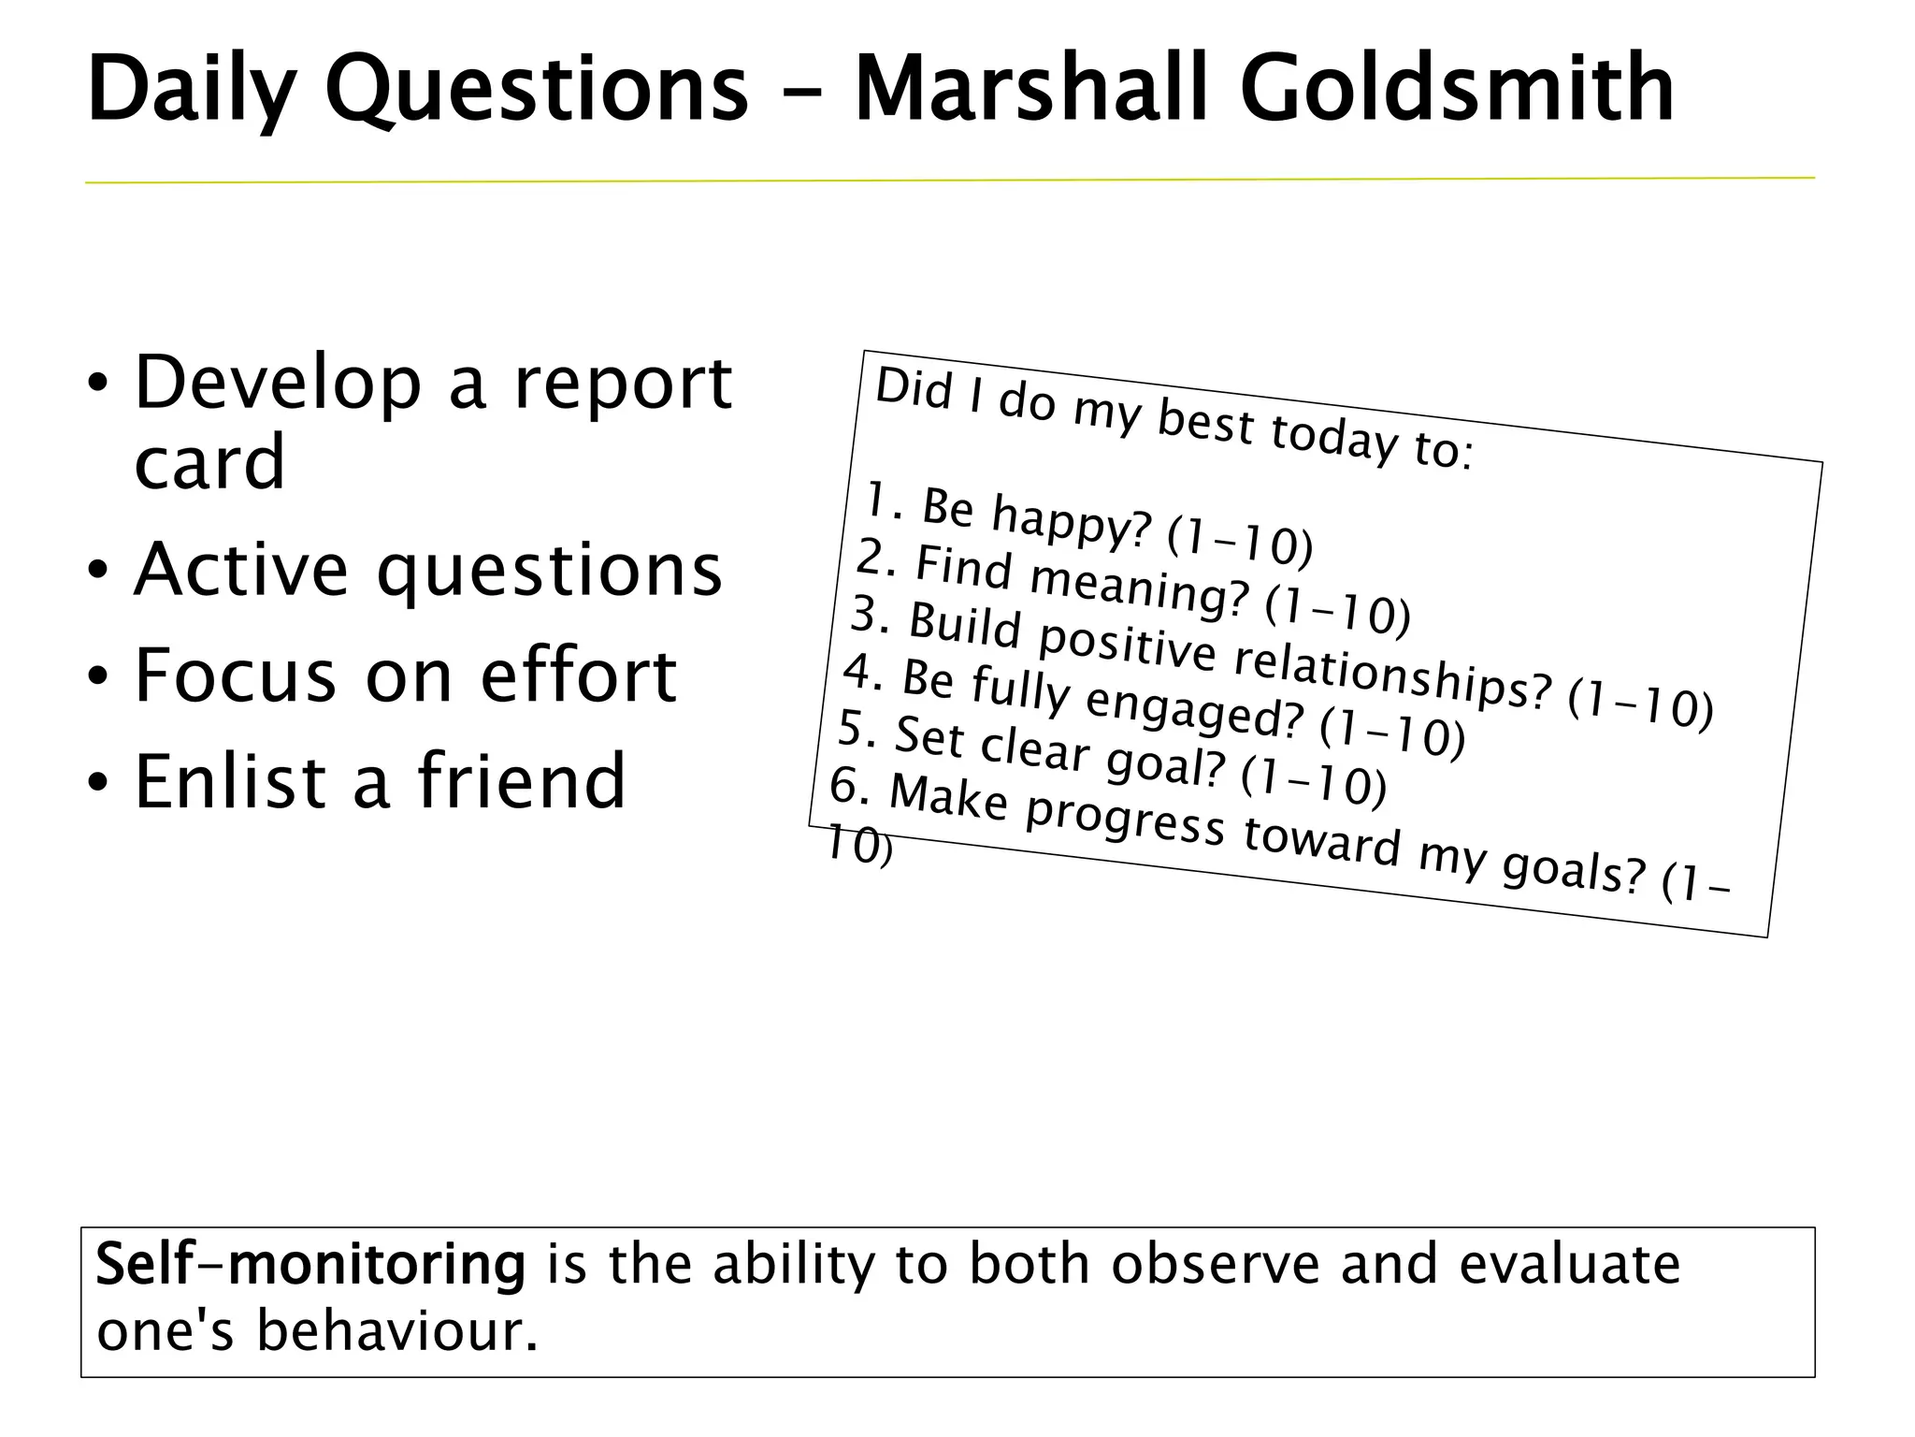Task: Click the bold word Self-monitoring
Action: coord(310,1265)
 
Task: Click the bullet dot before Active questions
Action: coord(98,570)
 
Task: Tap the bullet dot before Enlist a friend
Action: coord(98,782)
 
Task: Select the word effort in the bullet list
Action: coord(578,675)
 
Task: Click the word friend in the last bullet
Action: coord(521,781)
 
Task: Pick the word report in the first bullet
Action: coord(623,385)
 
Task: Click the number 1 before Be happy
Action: coord(875,500)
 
